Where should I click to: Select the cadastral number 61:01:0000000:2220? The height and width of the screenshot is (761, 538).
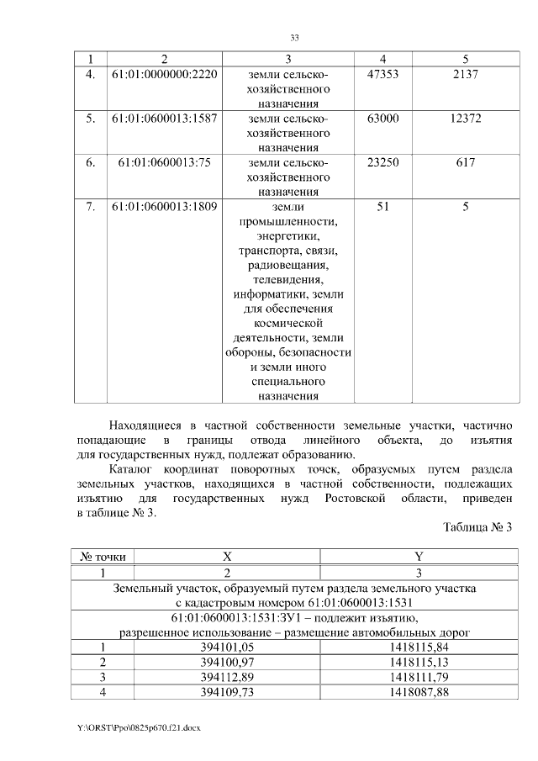coord(165,75)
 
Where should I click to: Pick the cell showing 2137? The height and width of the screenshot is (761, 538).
coord(466,75)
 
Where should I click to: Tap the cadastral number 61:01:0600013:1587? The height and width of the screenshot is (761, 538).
coord(165,119)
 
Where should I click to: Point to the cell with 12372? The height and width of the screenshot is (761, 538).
coord(466,119)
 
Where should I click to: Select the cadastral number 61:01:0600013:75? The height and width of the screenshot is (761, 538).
coord(165,162)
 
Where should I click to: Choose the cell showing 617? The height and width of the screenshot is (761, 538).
coord(466,162)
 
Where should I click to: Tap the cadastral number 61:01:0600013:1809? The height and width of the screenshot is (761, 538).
coord(165,206)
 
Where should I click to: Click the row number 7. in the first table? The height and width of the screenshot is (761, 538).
coord(90,206)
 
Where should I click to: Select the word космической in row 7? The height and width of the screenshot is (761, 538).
coord(288,323)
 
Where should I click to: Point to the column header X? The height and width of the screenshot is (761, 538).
coord(227,557)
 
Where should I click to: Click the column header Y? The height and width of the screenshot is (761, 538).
coord(419,557)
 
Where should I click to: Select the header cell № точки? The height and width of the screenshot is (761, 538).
coord(103,557)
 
